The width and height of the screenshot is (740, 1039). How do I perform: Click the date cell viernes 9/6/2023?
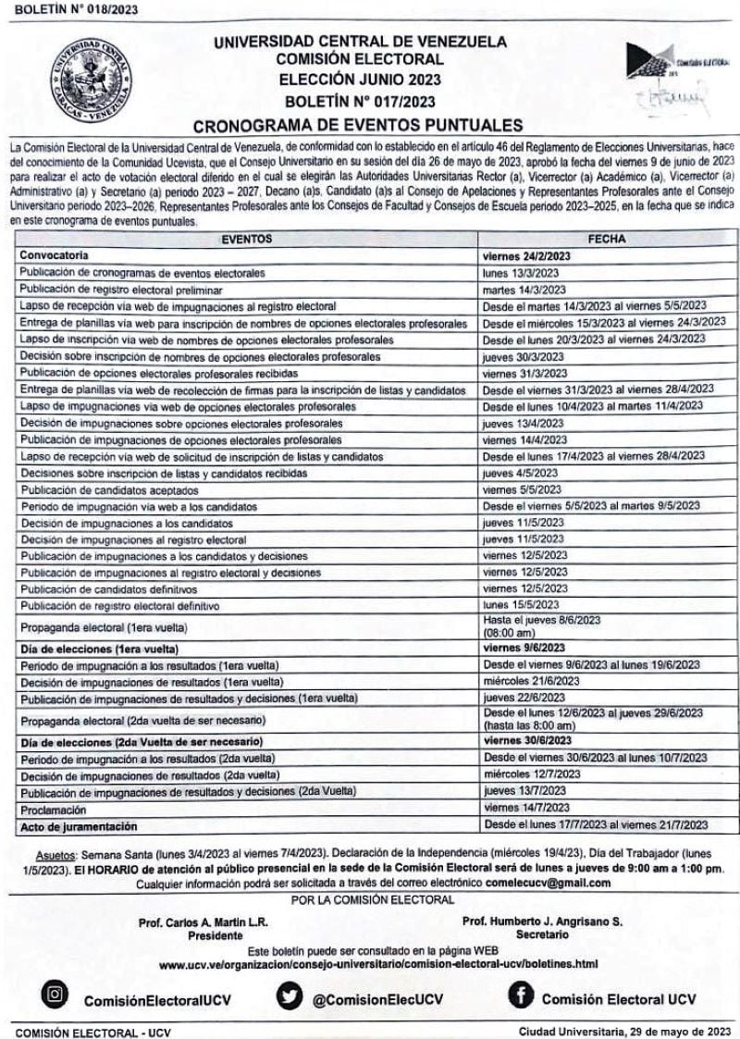(524, 648)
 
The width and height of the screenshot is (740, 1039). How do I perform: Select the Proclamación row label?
(52, 807)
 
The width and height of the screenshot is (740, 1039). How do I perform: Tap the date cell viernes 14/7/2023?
(526, 807)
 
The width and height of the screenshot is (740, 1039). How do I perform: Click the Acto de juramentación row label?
(79, 824)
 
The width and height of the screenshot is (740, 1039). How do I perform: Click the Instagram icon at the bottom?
(55, 996)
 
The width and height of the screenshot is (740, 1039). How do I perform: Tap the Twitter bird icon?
(290, 996)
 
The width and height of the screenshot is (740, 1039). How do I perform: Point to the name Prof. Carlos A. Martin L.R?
(201, 922)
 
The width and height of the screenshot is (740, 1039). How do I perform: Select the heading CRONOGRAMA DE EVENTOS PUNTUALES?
(359, 125)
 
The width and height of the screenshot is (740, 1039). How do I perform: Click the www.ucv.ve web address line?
(378, 963)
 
